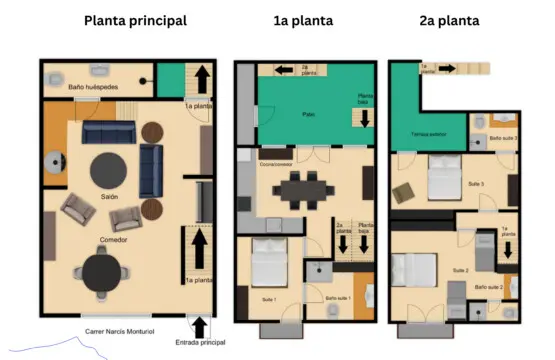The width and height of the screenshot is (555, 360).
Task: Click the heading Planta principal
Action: coord(135,20)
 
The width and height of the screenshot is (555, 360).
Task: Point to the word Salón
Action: coord(109,197)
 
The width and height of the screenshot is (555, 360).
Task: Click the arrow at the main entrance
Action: coord(200,326)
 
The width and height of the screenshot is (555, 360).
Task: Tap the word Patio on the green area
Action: coord(310,115)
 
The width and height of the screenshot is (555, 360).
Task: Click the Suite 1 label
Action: coord(270,299)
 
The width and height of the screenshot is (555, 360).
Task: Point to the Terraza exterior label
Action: coord(428,133)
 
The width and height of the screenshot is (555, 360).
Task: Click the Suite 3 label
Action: coord(475,185)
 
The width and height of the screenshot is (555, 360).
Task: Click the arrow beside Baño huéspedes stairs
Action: coord(200,78)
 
